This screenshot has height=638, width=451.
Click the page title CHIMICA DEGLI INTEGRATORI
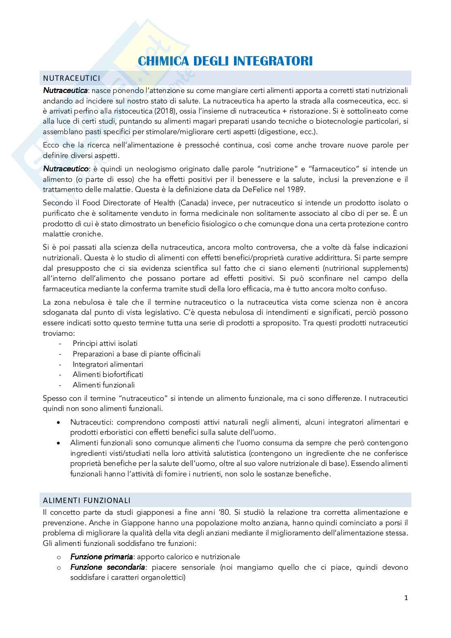225,61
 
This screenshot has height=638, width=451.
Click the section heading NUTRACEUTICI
72,78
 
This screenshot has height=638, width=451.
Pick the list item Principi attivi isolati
105,343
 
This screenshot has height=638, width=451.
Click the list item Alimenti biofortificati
108,375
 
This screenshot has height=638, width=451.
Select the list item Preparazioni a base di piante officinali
137,354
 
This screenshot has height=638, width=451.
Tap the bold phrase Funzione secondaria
107,567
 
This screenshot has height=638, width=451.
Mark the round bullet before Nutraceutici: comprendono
60,422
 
